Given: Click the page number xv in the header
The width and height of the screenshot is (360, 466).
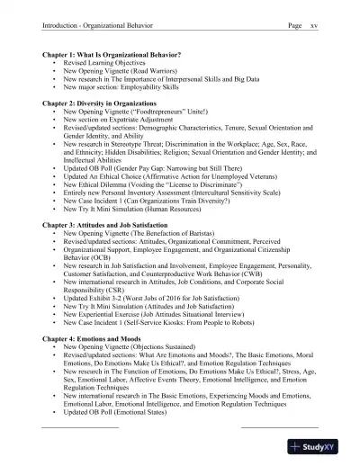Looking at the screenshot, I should (x=313, y=25).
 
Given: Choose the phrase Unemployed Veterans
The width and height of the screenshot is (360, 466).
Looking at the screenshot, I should (x=256, y=177).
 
